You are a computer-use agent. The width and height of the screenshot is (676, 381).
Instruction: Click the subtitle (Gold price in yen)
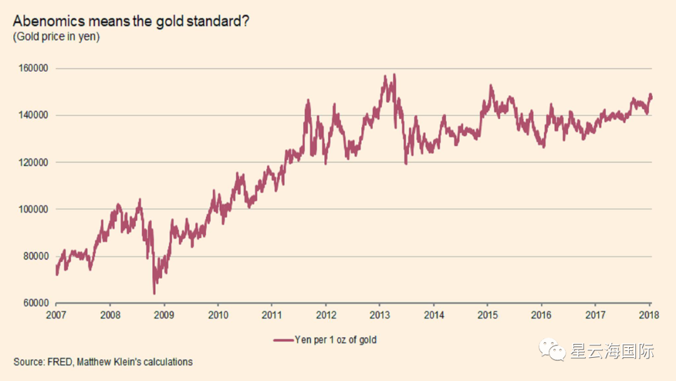click(56, 37)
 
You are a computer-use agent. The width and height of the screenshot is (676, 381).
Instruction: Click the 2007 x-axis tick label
click(56, 315)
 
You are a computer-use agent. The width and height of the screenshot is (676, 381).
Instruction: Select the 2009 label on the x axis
click(164, 315)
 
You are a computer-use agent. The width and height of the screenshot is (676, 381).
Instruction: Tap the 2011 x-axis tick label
click(272, 315)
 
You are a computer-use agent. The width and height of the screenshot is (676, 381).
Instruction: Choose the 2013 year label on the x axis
click(380, 315)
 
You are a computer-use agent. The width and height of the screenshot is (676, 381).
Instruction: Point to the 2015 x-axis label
click(488, 315)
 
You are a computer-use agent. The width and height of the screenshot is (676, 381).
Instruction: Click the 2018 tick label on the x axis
click(649, 315)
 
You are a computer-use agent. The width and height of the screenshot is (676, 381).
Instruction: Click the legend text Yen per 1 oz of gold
click(335, 340)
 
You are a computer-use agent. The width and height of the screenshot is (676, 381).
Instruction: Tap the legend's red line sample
click(283, 340)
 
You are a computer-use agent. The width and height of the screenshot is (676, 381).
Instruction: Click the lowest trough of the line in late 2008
click(154, 293)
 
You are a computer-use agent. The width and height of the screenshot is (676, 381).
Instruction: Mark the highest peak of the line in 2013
click(394, 75)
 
